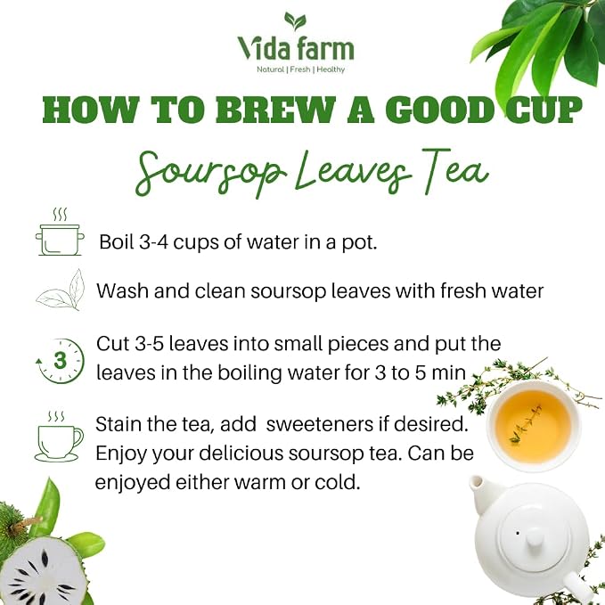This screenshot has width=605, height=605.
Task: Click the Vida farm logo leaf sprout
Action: pos(295,21)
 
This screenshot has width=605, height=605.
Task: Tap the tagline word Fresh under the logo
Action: pos(299,69)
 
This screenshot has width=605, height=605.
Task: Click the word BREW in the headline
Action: pos(274,110)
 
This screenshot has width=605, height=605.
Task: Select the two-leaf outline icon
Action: pos(61,290)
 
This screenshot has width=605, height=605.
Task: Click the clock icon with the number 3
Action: pos(60,361)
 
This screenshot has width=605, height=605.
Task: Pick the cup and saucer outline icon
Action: pos(59,437)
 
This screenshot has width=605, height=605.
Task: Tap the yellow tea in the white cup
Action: pos(533,427)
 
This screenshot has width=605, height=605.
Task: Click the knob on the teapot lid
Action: pos(534,537)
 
